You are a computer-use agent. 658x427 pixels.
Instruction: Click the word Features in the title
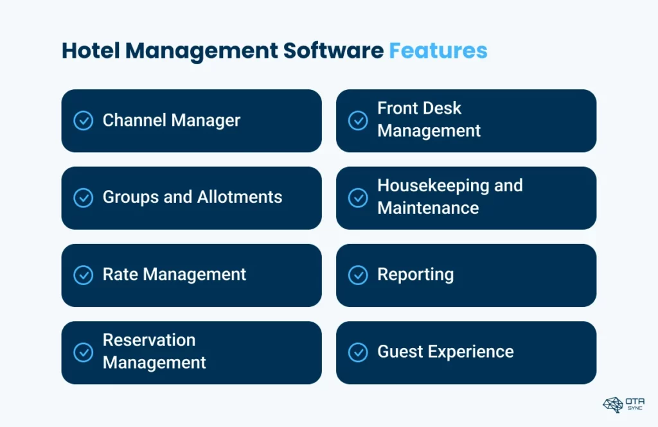click(x=438, y=51)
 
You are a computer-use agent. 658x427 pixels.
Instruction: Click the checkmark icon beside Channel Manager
click(x=84, y=121)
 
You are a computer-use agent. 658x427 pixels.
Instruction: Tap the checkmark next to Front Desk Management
click(x=358, y=121)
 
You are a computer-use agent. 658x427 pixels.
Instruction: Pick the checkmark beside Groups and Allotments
click(x=84, y=198)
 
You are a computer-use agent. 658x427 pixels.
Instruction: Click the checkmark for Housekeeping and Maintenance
click(x=358, y=198)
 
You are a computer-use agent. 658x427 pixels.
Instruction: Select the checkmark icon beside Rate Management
click(x=84, y=275)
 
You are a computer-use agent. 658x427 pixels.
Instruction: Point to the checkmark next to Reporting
click(x=358, y=275)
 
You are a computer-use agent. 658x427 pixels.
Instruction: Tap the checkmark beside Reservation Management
click(x=84, y=352)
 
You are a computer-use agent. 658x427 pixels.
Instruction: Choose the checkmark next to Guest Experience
click(x=358, y=352)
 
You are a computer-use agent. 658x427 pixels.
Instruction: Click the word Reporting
click(x=415, y=275)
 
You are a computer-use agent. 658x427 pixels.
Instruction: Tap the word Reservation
click(x=149, y=340)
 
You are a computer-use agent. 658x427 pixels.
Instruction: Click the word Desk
click(x=443, y=108)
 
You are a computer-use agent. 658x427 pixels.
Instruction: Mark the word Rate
click(x=120, y=275)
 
